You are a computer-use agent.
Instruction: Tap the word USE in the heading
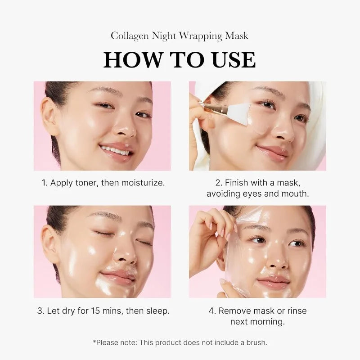pyautogui.click(x=230, y=60)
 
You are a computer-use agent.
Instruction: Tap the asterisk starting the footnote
pyautogui.click(x=94, y=342)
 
